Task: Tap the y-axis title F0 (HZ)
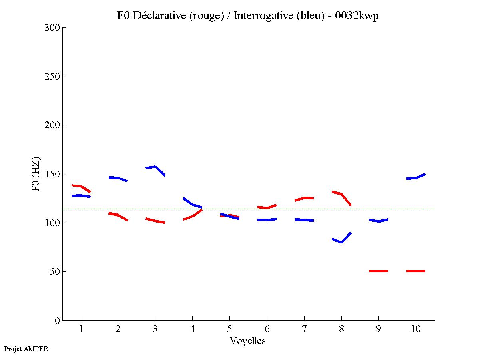click(36, 174)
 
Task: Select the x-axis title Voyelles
click(248, 341)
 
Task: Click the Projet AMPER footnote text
click(26, 349)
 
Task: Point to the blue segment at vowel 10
click(416, 178)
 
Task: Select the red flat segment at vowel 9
click(378, 271)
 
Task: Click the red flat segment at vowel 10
click(416, 271)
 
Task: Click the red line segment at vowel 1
click(81, 187)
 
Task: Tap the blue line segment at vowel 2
click(118, 178)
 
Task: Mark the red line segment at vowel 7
click(304, 198)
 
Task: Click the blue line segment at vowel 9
click(378, 221)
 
